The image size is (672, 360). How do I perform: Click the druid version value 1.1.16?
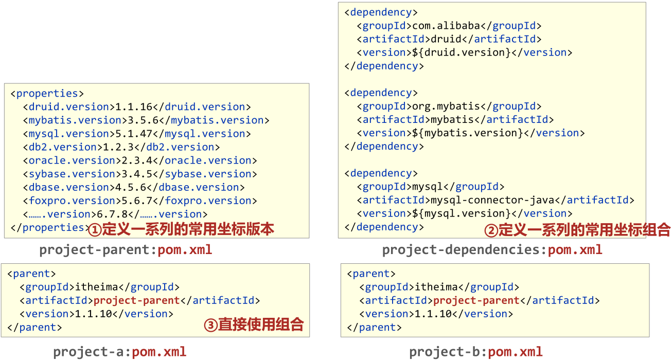[x=134, y=107]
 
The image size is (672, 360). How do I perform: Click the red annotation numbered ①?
[x=181, y=229]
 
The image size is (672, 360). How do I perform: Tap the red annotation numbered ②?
[x=577, y=230]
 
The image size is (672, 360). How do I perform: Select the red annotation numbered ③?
[x=254, y=325]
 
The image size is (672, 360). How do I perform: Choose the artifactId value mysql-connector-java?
[x=492, y=200]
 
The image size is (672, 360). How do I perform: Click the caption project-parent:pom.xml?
[x=126, y=250]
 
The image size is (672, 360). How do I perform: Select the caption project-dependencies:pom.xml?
[x=492, y=250]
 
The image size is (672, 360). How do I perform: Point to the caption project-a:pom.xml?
[x=119, y=352]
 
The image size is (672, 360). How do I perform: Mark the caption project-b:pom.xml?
[x=476, y=352]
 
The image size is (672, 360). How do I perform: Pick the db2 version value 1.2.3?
[x=121, y=147]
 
